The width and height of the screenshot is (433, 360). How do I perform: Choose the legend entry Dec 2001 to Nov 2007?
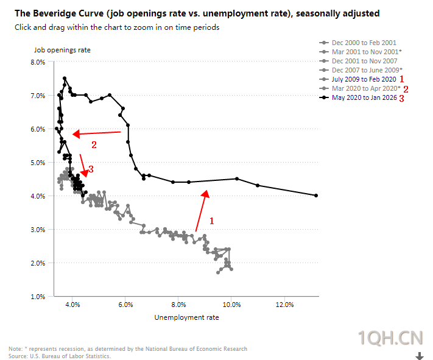click(x=364, y=61)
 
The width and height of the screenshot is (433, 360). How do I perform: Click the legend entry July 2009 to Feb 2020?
click(x=364, y=79)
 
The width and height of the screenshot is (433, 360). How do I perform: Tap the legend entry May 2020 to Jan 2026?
click(x=364, y=98)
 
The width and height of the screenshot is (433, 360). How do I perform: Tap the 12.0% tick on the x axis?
click(x=284, y=305)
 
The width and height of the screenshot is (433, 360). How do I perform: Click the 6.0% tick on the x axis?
click(x=125, y=305)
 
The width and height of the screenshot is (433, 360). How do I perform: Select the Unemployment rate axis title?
click(x=186, y=317)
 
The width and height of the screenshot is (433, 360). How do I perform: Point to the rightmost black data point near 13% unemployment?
click(x=317, y=196)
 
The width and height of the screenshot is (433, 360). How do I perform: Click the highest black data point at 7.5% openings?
click(x=64, y=79)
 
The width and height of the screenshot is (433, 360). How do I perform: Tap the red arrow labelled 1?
click(x=202, y=210)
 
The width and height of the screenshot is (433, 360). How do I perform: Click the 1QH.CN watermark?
click(x=390, y=337)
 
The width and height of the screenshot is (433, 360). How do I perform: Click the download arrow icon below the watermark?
click(x=419, y=355)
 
